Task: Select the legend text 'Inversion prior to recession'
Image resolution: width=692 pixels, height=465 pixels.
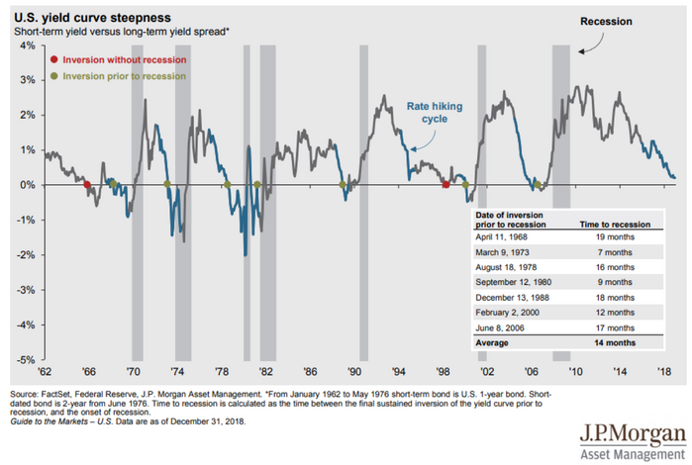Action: coord(124,76)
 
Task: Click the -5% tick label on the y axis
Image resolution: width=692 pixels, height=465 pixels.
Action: coord(25,359)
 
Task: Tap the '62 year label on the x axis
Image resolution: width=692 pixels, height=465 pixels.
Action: coord(47,374)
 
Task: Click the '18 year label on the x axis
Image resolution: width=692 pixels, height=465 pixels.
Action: coord(665,374)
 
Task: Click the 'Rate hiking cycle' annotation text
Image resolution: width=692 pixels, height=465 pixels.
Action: coord(436,110)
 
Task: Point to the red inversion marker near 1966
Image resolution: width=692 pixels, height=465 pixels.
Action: coord(87,185)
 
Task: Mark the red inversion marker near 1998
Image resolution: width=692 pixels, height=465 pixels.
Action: coord(445,185)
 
